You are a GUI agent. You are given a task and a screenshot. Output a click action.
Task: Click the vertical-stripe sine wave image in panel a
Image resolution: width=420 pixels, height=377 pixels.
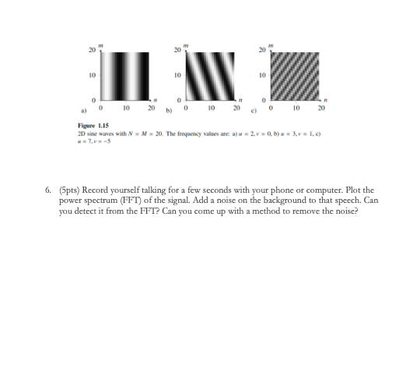pyautogui.click(x=129, y=76)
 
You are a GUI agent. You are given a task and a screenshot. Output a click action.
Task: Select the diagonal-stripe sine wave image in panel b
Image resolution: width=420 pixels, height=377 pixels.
pyautogui.click(x=215, y=76)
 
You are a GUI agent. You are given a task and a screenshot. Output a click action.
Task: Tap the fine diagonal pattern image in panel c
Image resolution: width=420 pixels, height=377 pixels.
pyautogui.click(x=300, y=76)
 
